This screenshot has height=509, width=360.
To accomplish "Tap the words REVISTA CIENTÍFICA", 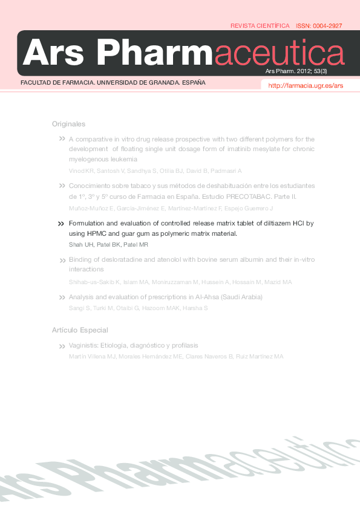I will pyautogui.click(x=260, y=26).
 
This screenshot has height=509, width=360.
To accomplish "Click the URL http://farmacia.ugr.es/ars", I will pyautogui.click(x=306, y=86).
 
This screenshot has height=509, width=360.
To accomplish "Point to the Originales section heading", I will pyautogui.click(x=68, y=124).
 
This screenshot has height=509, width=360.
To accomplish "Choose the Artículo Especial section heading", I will pyautogui.click(x=80, y=330).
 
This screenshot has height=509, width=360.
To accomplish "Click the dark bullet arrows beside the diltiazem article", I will pyautogui.click(x=61, y=224).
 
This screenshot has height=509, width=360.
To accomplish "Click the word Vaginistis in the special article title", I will pyautogui.click(x=84, y=346).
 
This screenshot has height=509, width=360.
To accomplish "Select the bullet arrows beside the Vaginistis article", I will pyautogui.click(x=61, y=346).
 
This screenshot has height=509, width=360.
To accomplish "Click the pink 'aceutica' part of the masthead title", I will pyautogui.click(x=279, y=53).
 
